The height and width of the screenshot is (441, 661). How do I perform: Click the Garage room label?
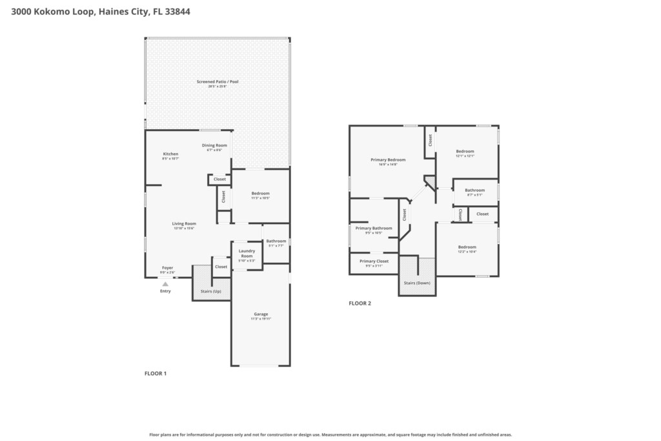pyautogui.click(x=261, y=314)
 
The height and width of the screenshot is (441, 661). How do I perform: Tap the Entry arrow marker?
pyautogui.click(x=165, y=284)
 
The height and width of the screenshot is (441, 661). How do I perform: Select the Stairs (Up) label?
pyautogui.click(x=211, y=291)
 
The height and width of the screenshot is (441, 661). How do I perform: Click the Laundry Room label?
pyautogui.click(x=247, y=253)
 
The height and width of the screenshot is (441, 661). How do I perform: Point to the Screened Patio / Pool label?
pyautogui.click(x=218, y=82)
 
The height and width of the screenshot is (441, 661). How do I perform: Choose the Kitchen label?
pyautogui.click(x=170, y=154)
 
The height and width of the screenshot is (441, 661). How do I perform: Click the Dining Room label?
pyautogui.click(x=214, y=145)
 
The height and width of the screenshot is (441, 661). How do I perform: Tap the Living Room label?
pyautogui.click(x=184, y=223)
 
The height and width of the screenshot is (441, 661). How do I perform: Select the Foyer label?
pyautogui.click(x=167, y=267)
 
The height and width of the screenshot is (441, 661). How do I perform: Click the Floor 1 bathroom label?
pyautogui.click(x=276, y=241)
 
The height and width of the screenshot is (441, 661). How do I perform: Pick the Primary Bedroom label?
pyautogui.click(x=388, y=159)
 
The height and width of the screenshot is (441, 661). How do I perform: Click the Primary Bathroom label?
pyautogui.click(x=373, y=228)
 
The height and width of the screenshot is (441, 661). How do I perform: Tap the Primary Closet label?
pyautogui.click(x=374, y=261)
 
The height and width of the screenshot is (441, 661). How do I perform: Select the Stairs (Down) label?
pyautogui.click(x=417, y=283)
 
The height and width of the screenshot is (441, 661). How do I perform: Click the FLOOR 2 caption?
pyautogui.click(x=360, y=303)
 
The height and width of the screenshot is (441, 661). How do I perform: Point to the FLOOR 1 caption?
pyautogui.click(x=155, y=373)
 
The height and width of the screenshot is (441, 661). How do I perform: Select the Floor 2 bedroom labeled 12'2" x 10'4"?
pyautogui.click(x=467, y=247)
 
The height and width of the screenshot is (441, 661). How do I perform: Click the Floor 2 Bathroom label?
pyautogui.click(x=474, y=190)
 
